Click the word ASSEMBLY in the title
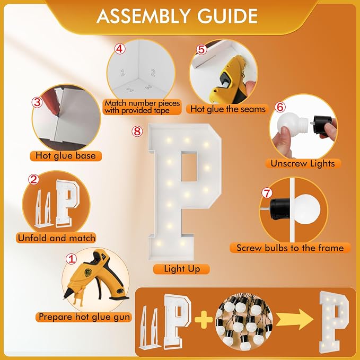click(x=143, y=16)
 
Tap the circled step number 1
click(x=71, y=259)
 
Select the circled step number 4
click(x=120, y=49)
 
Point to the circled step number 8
click(x=137, y=131)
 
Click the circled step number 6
click(x=280, y=107)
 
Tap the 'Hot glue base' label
click(x=66, y=156)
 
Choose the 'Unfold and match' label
click(x=56, y=238)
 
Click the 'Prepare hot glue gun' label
click(x=84, y=317)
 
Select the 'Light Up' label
click(x=182, y=269)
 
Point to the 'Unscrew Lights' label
click(x=303, y=163)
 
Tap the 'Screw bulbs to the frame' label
click(x=290, y=248)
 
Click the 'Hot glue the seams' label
click(x=227, y=109)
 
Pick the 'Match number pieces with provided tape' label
click(x=142, y=107)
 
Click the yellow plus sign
click(x=204, y=319)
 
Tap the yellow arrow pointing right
click(x=295, y=319)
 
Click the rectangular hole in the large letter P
click(x=189, y=166)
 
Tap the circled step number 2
click(x=34, y=179)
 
